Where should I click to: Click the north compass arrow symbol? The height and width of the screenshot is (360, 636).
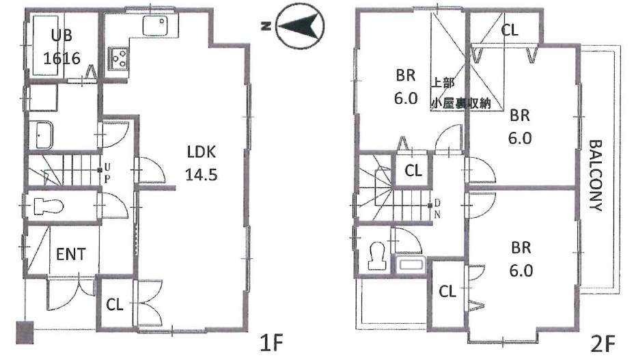(x=300, y=27)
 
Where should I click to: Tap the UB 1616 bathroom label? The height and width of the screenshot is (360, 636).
(x=61, y=47)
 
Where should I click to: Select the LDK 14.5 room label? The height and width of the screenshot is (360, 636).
(x=202, y=163)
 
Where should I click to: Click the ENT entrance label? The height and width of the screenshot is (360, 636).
(x=71, y=255)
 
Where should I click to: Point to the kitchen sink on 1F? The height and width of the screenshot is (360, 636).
(x=155, y=26)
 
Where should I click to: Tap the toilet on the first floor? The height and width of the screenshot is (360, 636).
(x=49, y=206)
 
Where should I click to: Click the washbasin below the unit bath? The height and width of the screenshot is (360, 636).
(x=44, y=135)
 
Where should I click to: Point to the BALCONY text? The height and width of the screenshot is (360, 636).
(x=596, y=176)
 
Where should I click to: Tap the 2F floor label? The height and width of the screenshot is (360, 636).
(x=603, y=344)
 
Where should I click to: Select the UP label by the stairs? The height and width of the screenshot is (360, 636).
(x=107, y=172)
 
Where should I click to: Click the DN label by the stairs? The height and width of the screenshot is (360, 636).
(x=437, y=209)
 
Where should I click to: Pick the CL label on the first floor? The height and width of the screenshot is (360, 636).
(x=114, y=305)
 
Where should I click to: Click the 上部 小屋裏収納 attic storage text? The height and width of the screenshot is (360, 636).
(x=460, y=93)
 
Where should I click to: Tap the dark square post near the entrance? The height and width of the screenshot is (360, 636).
(x=25, y=333)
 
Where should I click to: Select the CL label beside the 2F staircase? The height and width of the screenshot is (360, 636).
(x=413, y=170)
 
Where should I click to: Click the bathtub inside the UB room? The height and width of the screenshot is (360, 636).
(x=44, y=45)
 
